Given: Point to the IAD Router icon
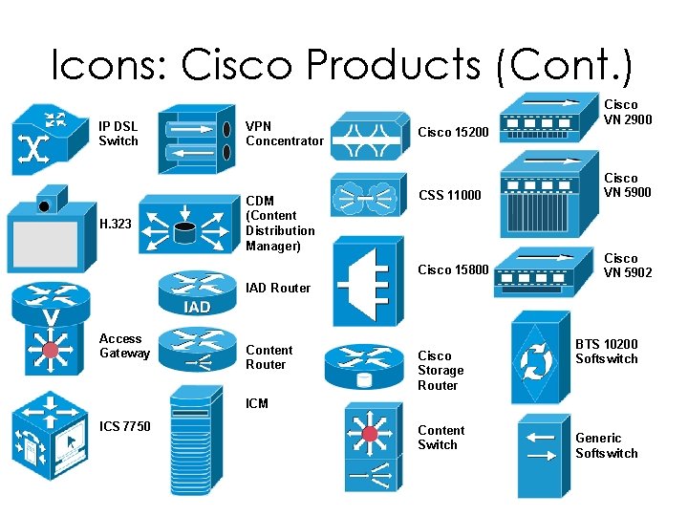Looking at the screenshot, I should click(198, 291).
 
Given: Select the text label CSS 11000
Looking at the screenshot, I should click(451, 196).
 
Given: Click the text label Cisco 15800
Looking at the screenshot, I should click(454, 270).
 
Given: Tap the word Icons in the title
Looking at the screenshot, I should click(108, 64).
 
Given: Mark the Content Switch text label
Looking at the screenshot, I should click(441, 438).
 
